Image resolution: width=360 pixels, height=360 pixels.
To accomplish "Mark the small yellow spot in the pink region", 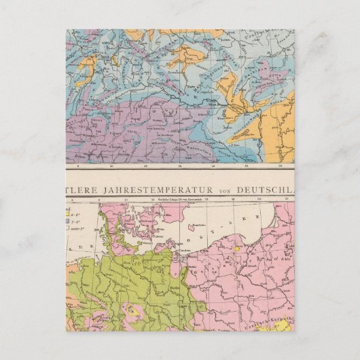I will tap(237, 250).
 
